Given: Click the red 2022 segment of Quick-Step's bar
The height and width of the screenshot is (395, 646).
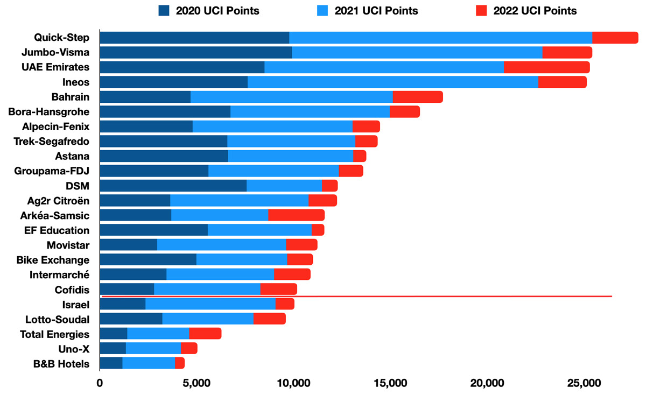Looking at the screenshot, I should pos(615,38).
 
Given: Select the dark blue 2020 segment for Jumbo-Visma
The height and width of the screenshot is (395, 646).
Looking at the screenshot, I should pos(196,52).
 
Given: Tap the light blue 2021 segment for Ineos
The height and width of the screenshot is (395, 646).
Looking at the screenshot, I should pos(392,82).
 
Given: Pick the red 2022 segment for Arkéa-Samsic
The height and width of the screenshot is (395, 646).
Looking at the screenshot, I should pos(296,215).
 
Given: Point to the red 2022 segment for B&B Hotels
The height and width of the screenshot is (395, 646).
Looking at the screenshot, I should pos(180,363).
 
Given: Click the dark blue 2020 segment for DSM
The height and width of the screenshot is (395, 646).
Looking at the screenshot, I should pos(173,186).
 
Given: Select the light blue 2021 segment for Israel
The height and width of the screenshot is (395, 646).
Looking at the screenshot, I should pos(210,304).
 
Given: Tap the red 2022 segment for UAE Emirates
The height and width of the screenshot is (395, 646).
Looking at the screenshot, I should pos(546,67).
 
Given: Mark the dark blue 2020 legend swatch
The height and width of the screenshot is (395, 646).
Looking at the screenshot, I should pos(164,11).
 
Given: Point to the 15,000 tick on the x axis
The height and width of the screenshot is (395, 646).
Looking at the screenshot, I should pos(390,383).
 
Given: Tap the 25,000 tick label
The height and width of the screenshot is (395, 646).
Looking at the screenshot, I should pos(584,383).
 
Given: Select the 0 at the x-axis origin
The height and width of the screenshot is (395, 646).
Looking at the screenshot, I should pos(100,383).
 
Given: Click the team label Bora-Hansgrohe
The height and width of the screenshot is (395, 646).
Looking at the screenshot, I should pos(49,112).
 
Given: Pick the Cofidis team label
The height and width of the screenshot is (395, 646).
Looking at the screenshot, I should pos(72,290).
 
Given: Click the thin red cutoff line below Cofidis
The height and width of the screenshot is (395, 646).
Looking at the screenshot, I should pos(355,296).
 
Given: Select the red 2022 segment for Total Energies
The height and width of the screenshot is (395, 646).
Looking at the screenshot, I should pos(205,334).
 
